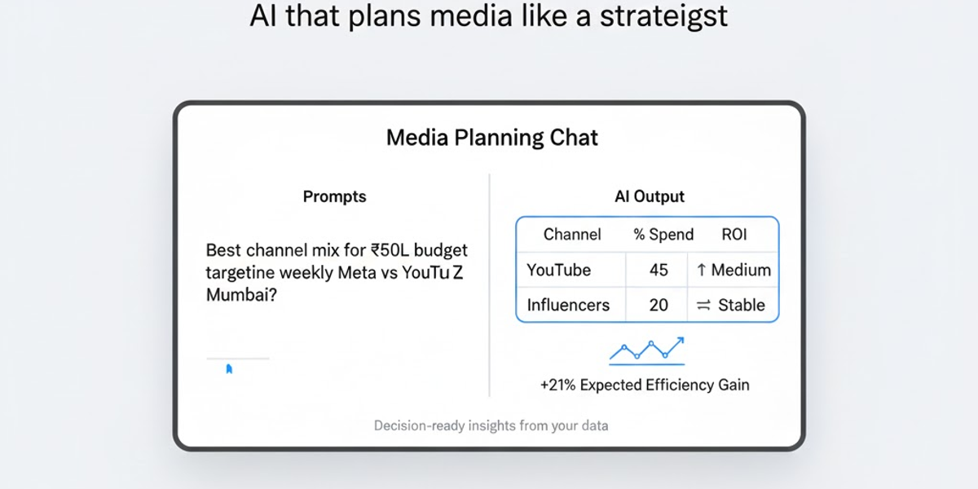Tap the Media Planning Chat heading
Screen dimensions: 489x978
[491, 138]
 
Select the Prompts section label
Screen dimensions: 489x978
[334, 196]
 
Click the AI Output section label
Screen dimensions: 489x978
[649, 196]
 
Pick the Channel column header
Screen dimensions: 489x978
[571, 235]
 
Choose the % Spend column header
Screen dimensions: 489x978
[663, 235]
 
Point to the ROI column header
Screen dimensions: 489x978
[733, 235]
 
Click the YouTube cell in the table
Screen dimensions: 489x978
[558, 270]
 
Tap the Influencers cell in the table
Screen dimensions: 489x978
[568, 305]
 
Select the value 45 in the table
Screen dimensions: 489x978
[659, 270]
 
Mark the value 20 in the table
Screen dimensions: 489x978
[659, 305]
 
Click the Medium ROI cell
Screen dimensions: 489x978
[733, 270]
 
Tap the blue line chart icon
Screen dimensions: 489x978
[647, 350]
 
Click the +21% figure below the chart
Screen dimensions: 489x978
[556, 385]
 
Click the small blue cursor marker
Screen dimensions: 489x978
[229, 369]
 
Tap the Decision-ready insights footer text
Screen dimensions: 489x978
[491, 425]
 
